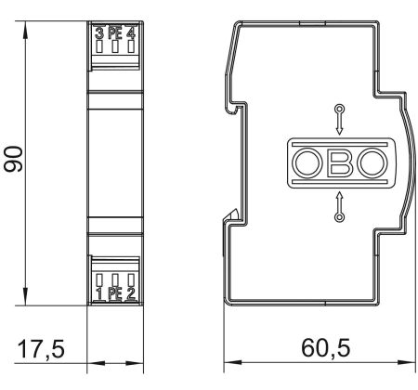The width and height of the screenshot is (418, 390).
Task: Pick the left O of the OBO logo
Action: (x=307, y=164)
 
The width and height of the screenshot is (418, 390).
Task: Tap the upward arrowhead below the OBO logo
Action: (x=340, y=198)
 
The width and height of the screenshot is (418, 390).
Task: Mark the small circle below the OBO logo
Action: (x=340, y=217)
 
